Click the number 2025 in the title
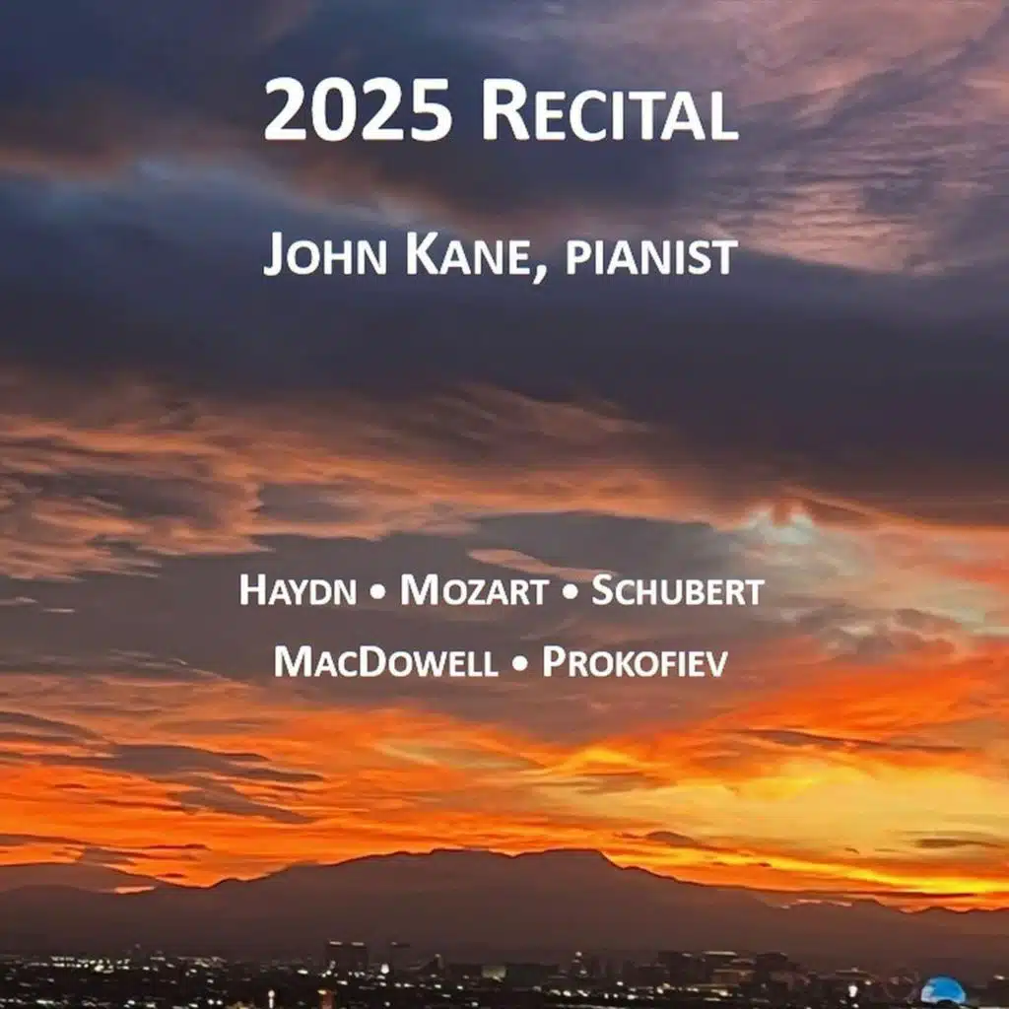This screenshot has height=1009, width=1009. [x=359, y=110]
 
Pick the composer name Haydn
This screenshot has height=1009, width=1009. [x=299, y=591]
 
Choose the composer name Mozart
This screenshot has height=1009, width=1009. [x=473, y=591]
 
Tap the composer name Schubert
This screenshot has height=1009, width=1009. [x=677, y=591]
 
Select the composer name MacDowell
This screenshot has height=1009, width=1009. [x=385, y=662]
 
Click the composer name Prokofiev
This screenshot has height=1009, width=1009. [x=635, y=662]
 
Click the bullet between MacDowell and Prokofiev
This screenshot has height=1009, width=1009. [x=519, y=664]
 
